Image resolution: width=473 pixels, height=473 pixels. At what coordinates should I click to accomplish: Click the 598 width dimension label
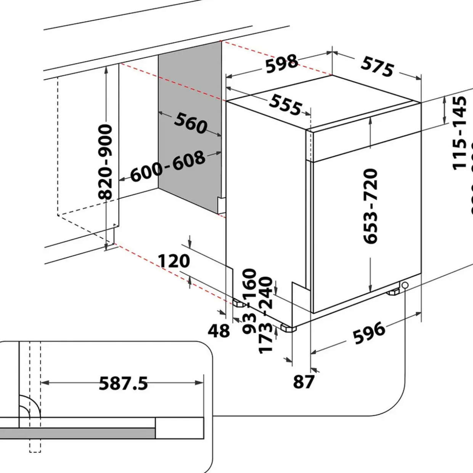click(x=282, y=64)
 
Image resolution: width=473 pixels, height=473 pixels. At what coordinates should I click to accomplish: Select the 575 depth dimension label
click(x=377, y=67)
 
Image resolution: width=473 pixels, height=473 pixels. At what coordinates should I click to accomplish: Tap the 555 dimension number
click(x=286, y=105)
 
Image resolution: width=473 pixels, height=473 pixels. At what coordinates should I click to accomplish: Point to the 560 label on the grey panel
click(x=191, y=123)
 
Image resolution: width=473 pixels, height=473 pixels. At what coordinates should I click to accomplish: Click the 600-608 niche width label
click(x=168, y=167)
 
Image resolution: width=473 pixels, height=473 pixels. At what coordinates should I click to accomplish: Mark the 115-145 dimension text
click(x=460, y=133)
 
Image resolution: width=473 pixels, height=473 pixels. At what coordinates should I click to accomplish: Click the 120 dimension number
click(x=174, y=261)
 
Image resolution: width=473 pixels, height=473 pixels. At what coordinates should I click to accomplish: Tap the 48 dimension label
click(x=219, y=331)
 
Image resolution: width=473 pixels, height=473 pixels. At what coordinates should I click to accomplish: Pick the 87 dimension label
click(x=304, y=381)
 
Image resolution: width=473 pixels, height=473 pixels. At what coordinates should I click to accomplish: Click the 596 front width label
click(x=368, y=333)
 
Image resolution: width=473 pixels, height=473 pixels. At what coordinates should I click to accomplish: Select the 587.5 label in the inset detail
click(x=123, y=383)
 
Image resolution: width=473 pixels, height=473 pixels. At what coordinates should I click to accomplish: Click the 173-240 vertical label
click(x=266, y=315)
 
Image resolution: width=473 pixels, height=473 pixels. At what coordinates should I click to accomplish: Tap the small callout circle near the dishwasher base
click(x=404, y=285)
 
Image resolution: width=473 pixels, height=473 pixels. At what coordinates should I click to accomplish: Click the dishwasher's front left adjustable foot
click(x=289, y=328)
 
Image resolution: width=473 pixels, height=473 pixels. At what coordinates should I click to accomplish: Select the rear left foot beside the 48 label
click(x=240, y=304)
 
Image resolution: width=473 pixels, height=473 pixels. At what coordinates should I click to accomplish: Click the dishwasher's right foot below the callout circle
click(x=393, y=293)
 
